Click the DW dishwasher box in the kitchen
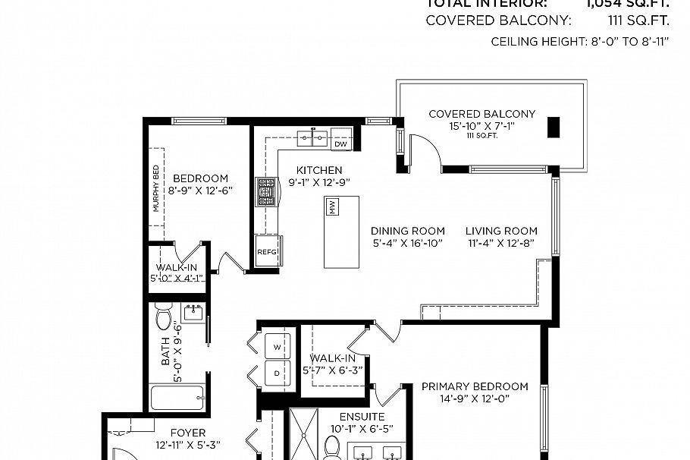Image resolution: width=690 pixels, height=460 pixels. [340, 143]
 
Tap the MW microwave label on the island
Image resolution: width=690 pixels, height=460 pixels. [331, 206]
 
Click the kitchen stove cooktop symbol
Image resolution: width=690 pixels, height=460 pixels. [266, 192]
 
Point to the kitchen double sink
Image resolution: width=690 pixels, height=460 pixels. [312, 138]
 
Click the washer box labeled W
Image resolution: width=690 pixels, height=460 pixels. [276, 346]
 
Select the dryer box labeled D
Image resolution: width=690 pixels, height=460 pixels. [276, 373]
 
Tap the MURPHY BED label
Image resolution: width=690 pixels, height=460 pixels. [156, 187]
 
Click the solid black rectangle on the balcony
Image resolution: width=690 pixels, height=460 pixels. [554, 127]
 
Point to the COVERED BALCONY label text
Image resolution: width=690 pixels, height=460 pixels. [481, 114]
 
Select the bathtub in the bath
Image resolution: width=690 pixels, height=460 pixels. [177, 397]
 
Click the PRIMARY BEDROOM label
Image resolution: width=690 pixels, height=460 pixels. [475, 386]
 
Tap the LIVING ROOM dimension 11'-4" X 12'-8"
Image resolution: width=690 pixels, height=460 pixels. [501, 244]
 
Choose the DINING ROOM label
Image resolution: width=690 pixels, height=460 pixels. [408, 231]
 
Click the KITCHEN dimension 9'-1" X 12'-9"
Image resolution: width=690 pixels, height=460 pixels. [319, 182]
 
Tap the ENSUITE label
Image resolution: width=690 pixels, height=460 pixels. [361, 417]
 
